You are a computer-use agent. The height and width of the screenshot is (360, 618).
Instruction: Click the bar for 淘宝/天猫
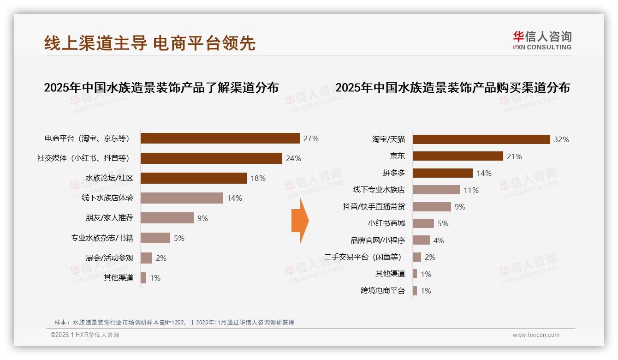[x=481, y=139]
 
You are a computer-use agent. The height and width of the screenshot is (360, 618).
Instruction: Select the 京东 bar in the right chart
[x=458, y=156]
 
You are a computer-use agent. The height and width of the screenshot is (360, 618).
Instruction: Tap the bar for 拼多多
[x=442, y=173]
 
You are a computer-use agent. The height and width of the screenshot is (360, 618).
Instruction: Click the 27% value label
[x=311, y=138]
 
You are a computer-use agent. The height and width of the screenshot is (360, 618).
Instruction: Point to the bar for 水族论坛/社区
[x=193, y=178]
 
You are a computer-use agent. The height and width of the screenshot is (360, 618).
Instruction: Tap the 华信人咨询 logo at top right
[x=542, y=41]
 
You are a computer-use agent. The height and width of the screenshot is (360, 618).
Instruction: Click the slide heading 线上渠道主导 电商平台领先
[x=150, y=43]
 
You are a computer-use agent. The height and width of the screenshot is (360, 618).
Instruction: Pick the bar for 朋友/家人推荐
[x=167, y=218]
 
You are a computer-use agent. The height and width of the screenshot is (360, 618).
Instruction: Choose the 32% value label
[x=561, y=139]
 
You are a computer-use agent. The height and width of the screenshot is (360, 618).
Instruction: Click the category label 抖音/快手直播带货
[x=374, y=207]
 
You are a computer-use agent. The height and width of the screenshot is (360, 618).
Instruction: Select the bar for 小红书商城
[x=423, y=223]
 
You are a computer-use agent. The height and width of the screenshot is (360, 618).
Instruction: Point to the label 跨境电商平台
[x=382, y=291]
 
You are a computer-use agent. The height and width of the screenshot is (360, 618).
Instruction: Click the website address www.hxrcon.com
[x=536, y=335]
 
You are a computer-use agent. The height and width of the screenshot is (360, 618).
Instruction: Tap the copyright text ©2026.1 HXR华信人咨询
[x=84, y=335]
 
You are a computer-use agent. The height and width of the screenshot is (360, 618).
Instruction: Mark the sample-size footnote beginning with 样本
[x=174, y=323]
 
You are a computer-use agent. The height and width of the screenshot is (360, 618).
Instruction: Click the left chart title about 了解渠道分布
[x=161, y=88]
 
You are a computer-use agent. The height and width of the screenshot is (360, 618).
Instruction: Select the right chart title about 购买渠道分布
[x=452, y=88]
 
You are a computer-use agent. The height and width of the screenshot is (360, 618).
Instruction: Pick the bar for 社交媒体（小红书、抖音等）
[x=211, y=158]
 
